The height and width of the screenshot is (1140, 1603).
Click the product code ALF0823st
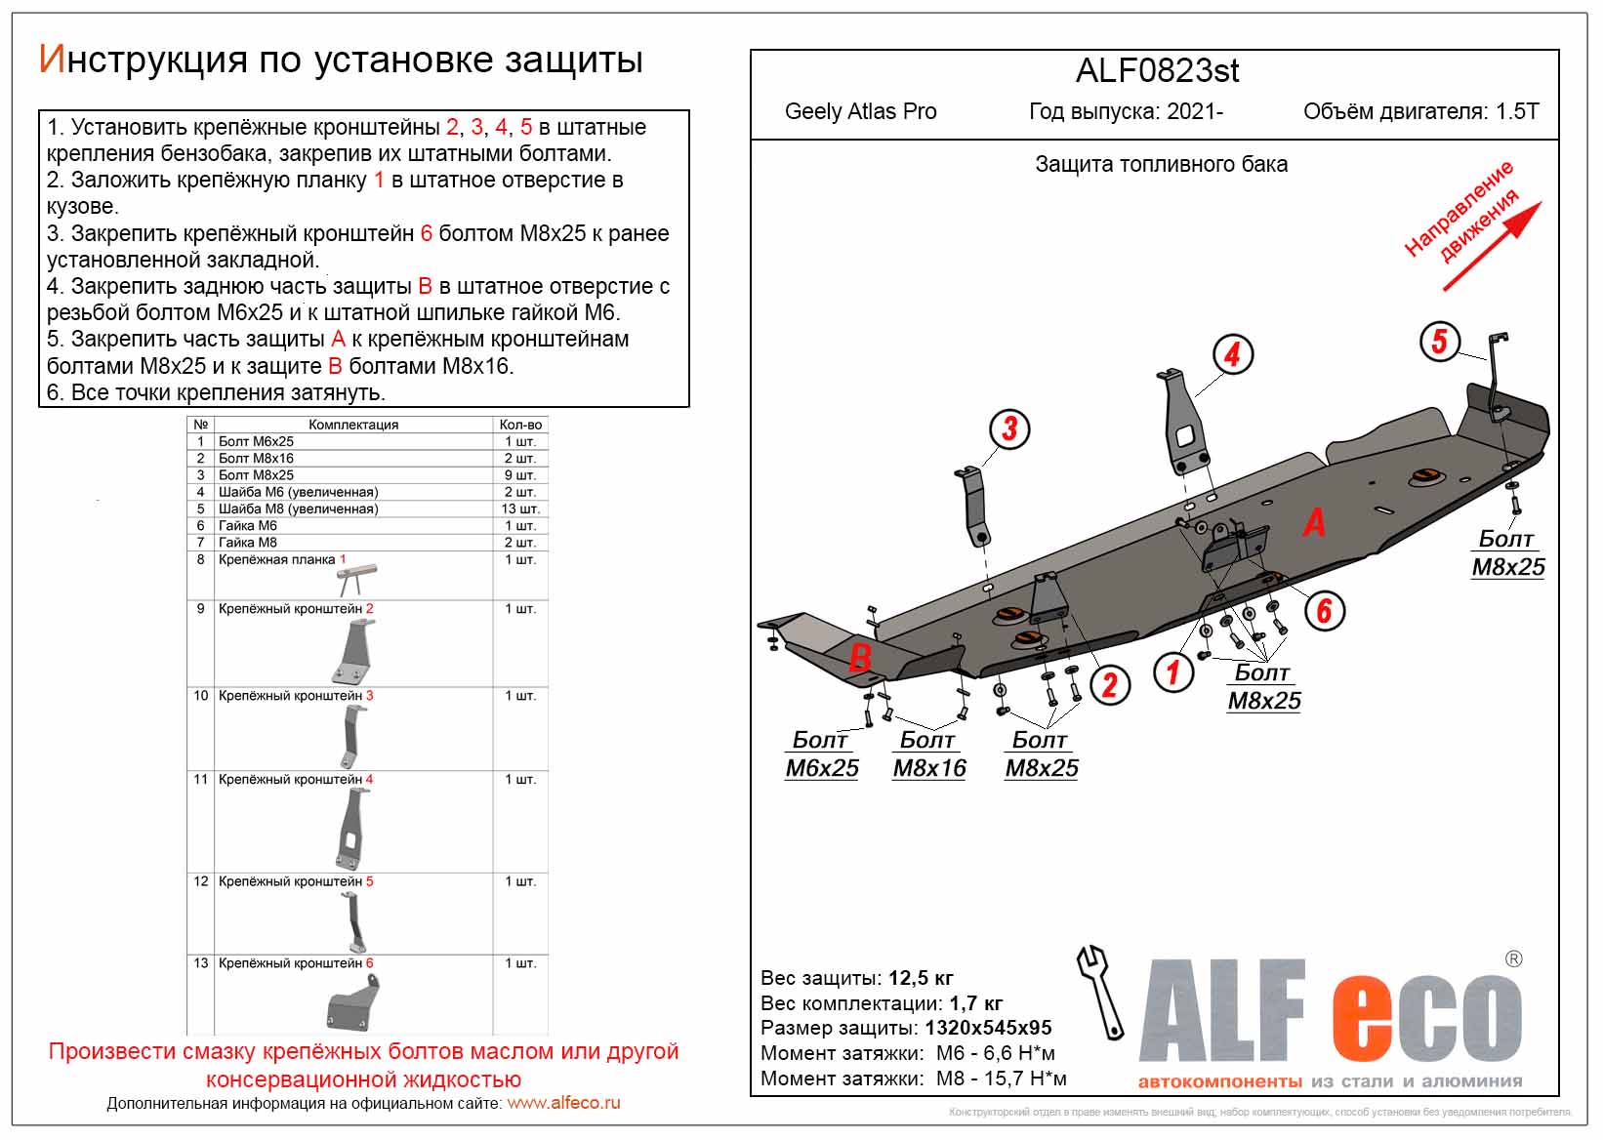(x=1157, y=71)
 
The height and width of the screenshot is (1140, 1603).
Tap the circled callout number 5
(x=1439, y=342)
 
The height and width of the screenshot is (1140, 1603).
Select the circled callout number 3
(x=1009, y=428)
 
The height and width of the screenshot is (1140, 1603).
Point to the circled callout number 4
(x=1232, y=354)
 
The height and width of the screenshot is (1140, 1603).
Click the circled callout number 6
(x=1324, y=611)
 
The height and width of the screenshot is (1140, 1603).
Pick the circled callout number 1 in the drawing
(x=1173, y=672)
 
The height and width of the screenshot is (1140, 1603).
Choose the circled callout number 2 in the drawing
(x=1110, y=684)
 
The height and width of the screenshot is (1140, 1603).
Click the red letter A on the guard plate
(x=1314, y=523)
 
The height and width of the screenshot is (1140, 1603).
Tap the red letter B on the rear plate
(x=859, y=657)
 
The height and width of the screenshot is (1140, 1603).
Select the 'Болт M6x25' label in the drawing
(x=822, y=754)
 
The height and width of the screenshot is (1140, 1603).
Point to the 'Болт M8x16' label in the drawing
(x=929, y=754)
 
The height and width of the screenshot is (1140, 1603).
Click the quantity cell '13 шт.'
(x=520, y=509)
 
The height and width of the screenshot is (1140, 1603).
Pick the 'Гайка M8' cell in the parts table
(x=248, y=543)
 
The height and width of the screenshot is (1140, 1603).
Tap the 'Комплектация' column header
(x=353, y=425)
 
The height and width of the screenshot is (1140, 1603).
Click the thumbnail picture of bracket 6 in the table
(x=352, y=1002)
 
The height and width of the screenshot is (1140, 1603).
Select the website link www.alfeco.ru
(x=563, y=1103)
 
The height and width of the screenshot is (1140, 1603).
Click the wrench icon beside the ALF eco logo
(x=1100, y=992)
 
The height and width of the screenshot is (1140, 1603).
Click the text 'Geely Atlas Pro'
(x=860, y=111)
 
